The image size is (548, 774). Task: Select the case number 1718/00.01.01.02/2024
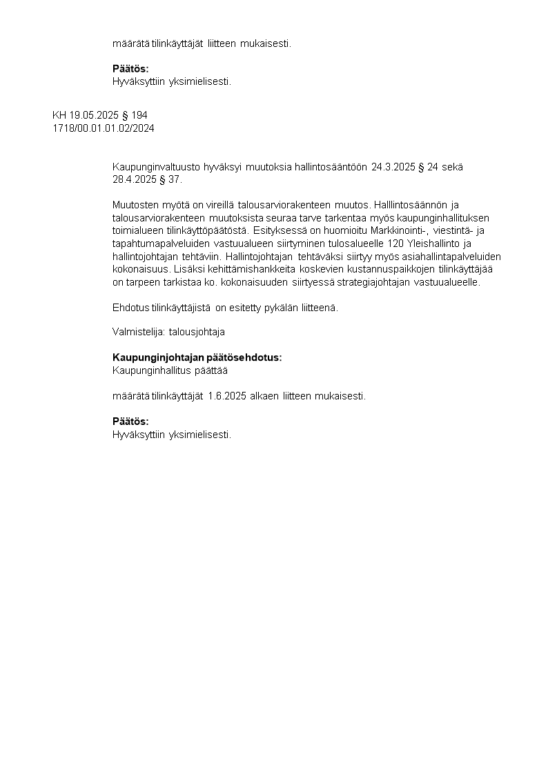[x=104, y=128]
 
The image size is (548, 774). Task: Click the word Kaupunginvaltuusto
[x=153, y=166]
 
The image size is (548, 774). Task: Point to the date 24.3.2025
[x=393, y=166]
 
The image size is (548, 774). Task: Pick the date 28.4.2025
[x=135, y=179]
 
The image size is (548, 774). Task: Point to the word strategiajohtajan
[x=337, y=282]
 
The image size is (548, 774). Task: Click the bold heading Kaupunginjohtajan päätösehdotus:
[x=197, y=357]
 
